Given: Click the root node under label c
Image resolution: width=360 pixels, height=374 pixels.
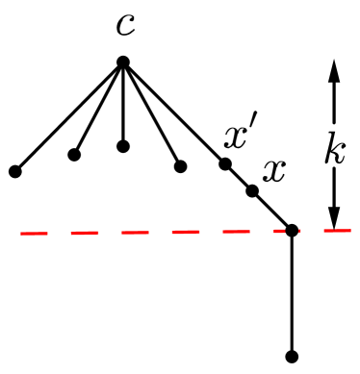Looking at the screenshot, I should click(x=123, y=62).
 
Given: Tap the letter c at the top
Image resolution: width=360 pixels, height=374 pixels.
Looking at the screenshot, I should click(x=124, y=24).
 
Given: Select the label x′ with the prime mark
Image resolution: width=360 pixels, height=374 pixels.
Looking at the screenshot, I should click(x=237, y=137).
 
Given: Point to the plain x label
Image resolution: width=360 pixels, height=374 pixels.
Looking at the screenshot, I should click(x=274, y=171).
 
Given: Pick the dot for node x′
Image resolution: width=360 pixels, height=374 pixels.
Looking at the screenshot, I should click(x=224, y=163).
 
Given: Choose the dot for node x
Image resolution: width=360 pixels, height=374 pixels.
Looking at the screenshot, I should click(x=251, y=190).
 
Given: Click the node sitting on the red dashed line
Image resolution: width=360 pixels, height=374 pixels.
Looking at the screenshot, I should click(x=292, y=230).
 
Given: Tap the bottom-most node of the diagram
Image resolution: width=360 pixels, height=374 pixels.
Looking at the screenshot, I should click(x=292, y=356).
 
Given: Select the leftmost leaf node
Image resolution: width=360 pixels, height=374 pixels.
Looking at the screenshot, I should click(x=14, y=172).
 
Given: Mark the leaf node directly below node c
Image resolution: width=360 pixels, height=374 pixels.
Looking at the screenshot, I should click(x=123, y=146).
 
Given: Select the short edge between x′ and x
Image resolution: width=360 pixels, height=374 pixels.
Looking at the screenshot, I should click(x=238, y=177).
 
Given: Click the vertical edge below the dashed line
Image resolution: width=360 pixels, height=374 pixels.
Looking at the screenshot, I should click(x=292, y=293).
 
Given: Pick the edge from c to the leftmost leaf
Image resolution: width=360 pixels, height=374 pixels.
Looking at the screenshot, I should click(x=67, y=118).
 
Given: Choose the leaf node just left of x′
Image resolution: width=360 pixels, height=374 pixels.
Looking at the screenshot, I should click(x=180, y=166).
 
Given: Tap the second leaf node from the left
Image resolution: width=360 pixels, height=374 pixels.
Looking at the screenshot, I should click(x=74, y=154).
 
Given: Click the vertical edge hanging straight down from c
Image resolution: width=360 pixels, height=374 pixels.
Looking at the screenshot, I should click(x=123, y=106).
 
